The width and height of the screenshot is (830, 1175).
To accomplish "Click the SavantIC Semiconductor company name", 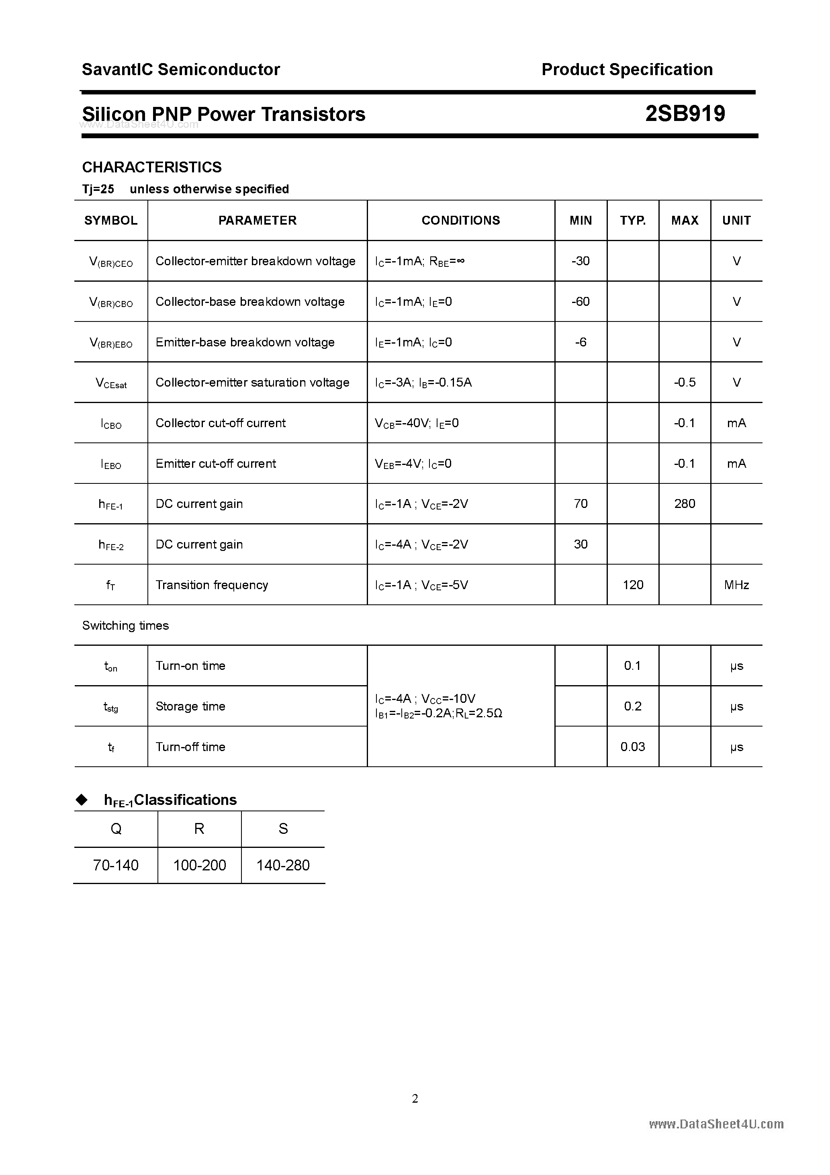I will [181, 70].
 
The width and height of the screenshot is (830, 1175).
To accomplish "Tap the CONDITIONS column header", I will [460, 221].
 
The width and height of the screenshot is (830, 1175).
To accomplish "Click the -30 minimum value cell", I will [580, 261].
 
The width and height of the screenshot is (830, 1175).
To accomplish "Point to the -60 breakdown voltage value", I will [580, 301].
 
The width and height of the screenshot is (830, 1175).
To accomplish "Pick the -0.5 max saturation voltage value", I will [684, 382].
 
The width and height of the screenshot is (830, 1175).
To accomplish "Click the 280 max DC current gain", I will [684, 504].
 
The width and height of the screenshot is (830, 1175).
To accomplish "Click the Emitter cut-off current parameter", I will [215, 464].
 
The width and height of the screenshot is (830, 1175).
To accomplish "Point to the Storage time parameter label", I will [190, 706].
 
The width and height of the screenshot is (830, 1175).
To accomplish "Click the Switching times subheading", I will [125, 625].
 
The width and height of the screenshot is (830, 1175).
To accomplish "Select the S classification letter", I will [283, 829].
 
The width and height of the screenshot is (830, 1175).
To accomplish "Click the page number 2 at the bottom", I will [415, 1098].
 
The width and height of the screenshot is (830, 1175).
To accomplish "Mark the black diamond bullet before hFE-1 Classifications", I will [82, 800].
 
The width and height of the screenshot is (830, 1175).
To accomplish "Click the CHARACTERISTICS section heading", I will [152, 167].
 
